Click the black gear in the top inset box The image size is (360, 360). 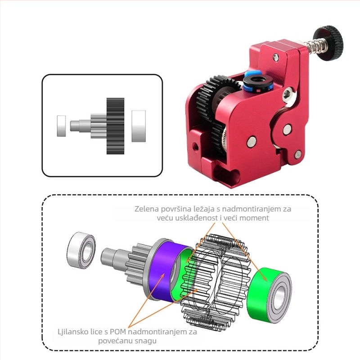[115, 126]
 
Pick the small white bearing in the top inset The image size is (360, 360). [62, 126]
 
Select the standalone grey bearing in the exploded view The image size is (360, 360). [81, 248]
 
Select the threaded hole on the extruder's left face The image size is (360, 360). [195, 147]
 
